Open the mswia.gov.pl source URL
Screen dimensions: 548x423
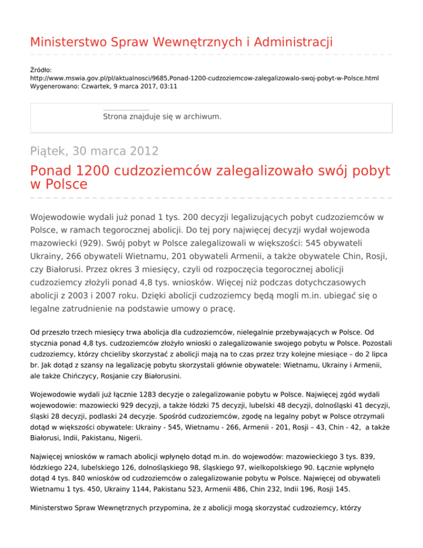click(x=204, y=79)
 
